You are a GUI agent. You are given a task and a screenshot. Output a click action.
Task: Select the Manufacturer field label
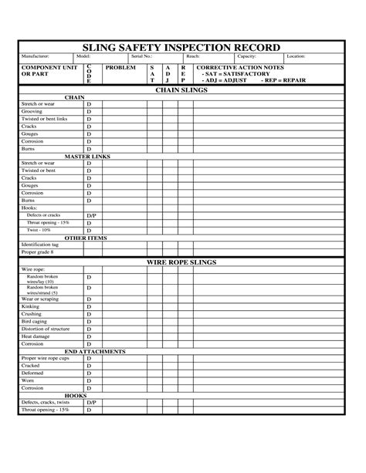[x=36, y=56]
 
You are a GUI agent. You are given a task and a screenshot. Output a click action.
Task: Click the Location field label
[x=297, y=56]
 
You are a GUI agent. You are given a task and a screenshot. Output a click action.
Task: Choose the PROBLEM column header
[x=120, y=68]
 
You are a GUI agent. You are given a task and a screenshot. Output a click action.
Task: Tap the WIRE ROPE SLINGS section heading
[x=182, y=262]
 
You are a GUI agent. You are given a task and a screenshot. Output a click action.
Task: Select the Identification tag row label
[x=39, y=245]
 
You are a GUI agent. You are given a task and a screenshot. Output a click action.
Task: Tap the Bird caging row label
[x=35, y=322]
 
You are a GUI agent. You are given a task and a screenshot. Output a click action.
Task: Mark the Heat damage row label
[x=36, y=336]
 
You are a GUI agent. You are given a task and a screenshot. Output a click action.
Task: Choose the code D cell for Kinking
[x=89, y=307]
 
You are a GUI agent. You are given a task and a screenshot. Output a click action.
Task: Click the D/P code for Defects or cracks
[x=90, y=215]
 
